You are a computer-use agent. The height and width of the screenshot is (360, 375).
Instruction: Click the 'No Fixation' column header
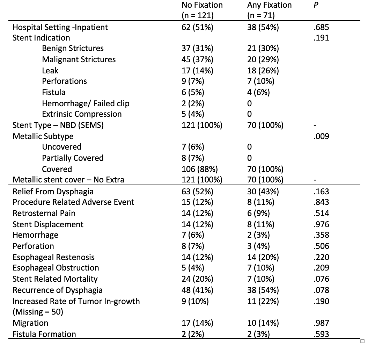(202, 5)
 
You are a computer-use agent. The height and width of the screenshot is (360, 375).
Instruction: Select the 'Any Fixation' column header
(269, 5)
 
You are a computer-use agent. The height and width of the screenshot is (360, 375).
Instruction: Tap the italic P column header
(316, 5)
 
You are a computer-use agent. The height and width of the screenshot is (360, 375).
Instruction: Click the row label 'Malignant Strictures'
(79, 59)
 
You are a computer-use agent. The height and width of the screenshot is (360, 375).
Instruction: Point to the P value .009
(321, 136)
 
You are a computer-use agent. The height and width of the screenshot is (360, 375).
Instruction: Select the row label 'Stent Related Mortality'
(55, 279)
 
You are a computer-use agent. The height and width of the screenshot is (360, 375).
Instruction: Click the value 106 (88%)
(200, 169)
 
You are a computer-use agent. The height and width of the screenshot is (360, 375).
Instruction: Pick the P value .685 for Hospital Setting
(321, 27)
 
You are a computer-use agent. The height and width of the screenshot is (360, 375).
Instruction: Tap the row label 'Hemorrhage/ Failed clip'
(86, 103)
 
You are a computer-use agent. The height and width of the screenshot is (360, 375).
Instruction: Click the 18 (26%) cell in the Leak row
(263, 71)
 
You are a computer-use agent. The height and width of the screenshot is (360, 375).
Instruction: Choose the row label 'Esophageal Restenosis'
(53, 257)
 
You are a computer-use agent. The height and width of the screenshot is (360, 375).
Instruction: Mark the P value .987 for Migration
(321, 323)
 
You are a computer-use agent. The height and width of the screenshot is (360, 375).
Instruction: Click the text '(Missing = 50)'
(38, 312)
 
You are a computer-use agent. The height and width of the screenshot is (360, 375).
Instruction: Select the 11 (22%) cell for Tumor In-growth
(263, 301)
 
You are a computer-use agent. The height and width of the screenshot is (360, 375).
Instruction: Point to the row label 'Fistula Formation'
(44, 334)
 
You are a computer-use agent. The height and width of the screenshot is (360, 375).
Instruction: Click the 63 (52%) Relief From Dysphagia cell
(197, 192)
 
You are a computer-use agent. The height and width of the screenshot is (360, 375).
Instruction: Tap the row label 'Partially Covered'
(73, 158)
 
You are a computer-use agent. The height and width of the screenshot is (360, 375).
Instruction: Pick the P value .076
(321, 279)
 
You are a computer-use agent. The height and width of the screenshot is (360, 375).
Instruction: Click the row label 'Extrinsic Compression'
(82, 114)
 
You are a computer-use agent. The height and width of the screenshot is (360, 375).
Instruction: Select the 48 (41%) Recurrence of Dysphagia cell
(197, 290)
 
